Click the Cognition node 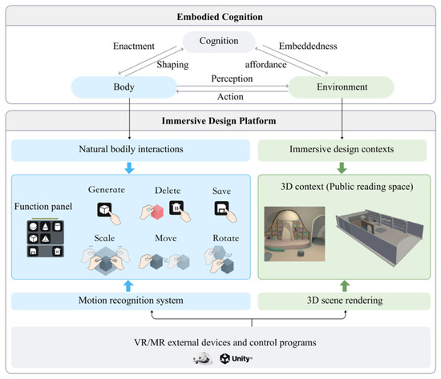click(219, 42)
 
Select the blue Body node click(124, 87)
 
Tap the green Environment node click(342, 87)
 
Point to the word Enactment click(134, 46)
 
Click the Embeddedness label click(308, 46)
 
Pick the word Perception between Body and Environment click(232, 79)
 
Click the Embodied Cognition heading click(220, 17)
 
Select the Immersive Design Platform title click(219, 121)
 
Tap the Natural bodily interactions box click(131, 150)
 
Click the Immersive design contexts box click(342, 150)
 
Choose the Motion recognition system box click(131, 301)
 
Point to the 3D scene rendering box click(344, 301)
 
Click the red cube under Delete click(157, 212)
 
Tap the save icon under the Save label click(221, 208)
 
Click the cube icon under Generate click(104, 210)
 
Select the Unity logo click(236, 359)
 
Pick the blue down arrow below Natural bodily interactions click(129, 167)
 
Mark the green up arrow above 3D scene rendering click(345, 286)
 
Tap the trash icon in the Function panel click(57, 251)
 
